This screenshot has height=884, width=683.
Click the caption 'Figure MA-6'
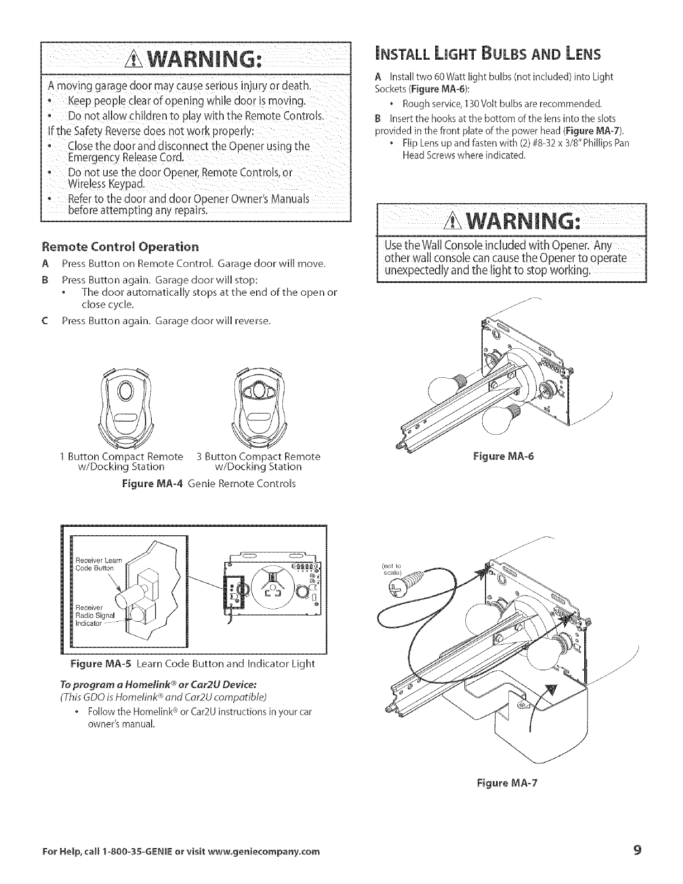(503, 456)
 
